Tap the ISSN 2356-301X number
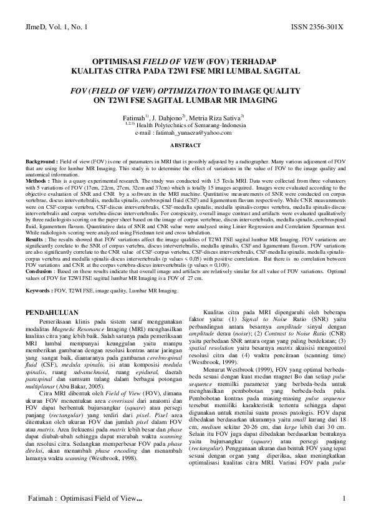pos(317,28)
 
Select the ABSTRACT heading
pos(185,145)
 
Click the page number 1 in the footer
pos(344,498)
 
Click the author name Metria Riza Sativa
pos(221,117)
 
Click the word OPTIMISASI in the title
pos(116,63)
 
